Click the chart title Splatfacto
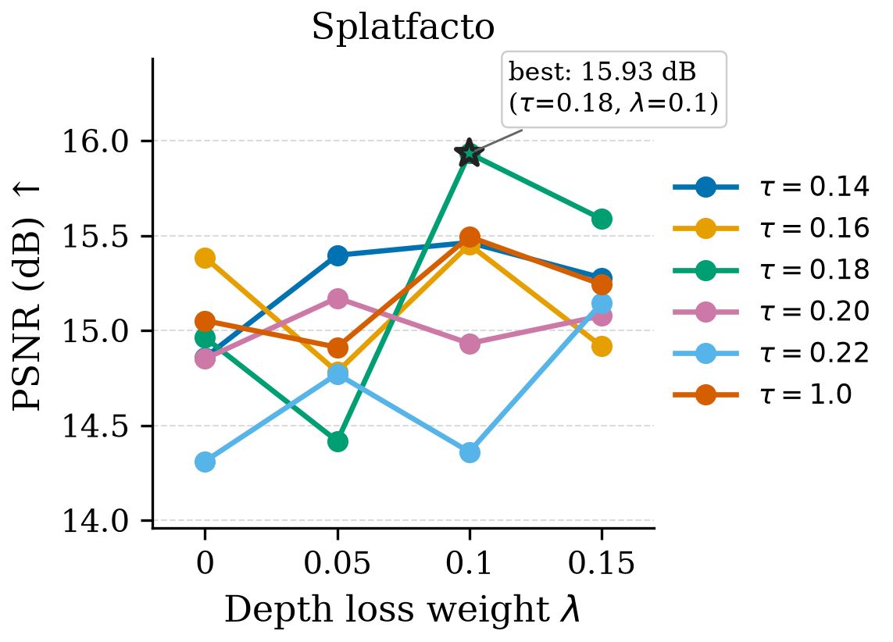point(402,27)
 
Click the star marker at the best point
point(470,152)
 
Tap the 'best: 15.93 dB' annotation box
point(613,89)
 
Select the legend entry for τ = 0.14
point(771,187)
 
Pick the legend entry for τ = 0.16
point(771,228)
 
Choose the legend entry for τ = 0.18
point(771,269)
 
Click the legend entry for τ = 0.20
point(771,312)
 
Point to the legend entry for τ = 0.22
point(771,353)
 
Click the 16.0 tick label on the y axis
point(96,141)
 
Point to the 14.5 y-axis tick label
point(96,426)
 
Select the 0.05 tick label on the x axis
point(338,563)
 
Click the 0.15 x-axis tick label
point(602,563)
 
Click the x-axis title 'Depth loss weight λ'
point(402,609)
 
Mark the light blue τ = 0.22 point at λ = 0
point(205,462)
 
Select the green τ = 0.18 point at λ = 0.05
point(338,441)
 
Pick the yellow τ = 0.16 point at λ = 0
point(205,258)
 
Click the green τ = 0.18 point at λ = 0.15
point(602,219)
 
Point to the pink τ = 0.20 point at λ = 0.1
point(470,344)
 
